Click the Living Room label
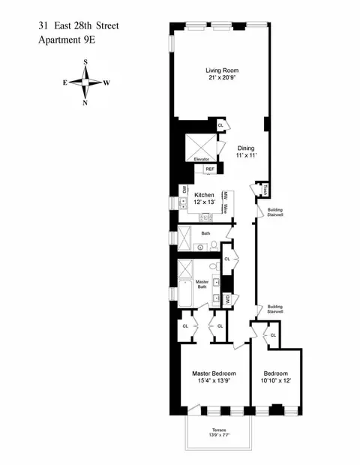point(222,71)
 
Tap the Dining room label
point(247,148)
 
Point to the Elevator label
point(201,160)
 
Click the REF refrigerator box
point(210,170)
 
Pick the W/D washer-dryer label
point(226,298)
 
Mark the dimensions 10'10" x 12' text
point(275,382)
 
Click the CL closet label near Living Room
point(220,125)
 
